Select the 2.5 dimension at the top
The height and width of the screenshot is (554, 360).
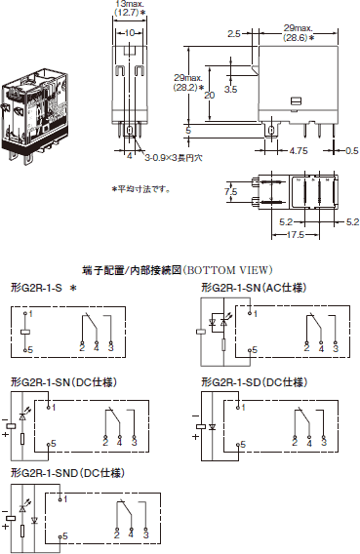(x=234, y=33)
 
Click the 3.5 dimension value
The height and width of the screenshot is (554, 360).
(x=230, y=89)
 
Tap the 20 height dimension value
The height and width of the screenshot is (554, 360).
(x=210, y=96)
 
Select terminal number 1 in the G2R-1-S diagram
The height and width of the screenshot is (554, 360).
(x=29, y=314)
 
